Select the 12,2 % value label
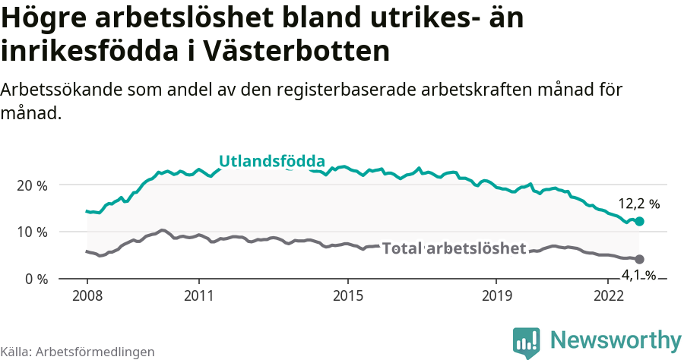(638, 204)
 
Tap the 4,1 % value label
(638, 276)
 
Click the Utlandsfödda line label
(272, 161)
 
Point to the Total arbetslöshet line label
(454, 248)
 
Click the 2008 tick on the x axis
(87, 295)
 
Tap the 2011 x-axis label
(198, 295)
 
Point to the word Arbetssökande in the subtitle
(62, 90)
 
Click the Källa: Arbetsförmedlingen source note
(78, 352)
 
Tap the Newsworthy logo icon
(527, 342)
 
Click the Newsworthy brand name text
(616, 339)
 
